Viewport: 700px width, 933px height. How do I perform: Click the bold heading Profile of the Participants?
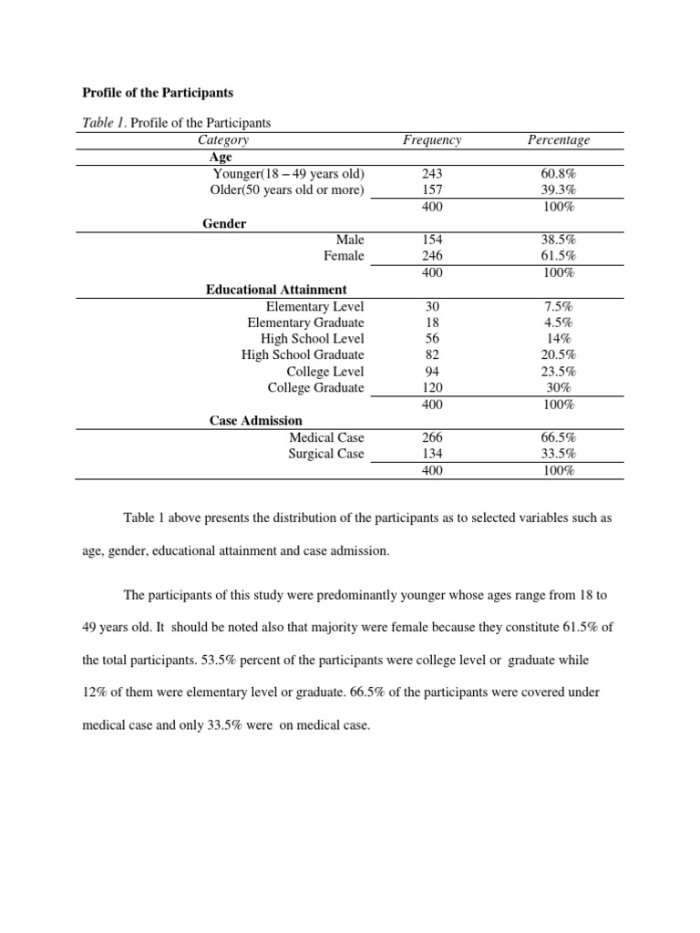158,92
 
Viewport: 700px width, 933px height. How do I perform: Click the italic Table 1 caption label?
104,122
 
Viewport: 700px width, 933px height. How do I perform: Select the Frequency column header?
431,139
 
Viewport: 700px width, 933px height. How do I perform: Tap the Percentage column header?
558,139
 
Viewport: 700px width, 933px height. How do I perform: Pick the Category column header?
222,139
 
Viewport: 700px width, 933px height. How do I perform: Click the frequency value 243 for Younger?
431,173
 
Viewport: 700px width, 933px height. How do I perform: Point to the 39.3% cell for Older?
558,190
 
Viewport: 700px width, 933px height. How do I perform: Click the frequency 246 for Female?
431,256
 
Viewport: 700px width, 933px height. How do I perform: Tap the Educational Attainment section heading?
276,290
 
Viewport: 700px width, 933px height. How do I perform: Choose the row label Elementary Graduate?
305,323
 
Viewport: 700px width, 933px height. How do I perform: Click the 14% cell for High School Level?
558,338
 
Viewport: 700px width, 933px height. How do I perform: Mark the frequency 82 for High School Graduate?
431,354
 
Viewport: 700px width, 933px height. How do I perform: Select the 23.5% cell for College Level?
558,372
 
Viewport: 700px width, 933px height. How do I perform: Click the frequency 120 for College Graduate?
431,388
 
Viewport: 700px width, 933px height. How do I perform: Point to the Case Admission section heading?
254,421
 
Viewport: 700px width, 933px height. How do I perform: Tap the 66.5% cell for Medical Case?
558,437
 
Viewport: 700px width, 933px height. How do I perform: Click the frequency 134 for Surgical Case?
431,454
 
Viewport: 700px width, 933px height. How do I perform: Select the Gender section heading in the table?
224,223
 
